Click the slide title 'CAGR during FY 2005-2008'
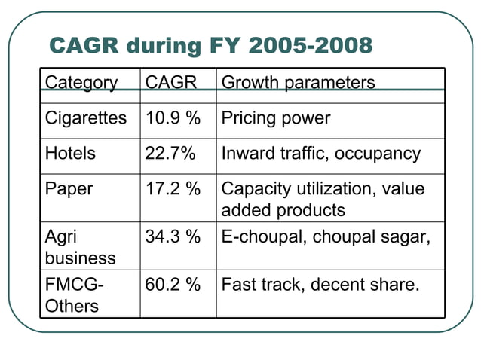coord(210,46)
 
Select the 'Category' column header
coord(81,82)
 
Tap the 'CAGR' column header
coord(170,82)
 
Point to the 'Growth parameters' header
coord(298,82)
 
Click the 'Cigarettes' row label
coord(86,119)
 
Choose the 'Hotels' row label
coord(71,154)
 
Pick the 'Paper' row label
coord(69,189)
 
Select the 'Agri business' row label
coord(80,246)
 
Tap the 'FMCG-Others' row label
coord(72,294)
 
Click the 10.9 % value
coord(173,119)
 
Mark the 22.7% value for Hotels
coord(170,154)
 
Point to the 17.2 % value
coord(173,189)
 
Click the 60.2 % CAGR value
coord(173,284)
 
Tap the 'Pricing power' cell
coord(276,119)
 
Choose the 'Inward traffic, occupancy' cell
coord(321,154)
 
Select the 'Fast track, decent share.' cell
coord(320,284)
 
